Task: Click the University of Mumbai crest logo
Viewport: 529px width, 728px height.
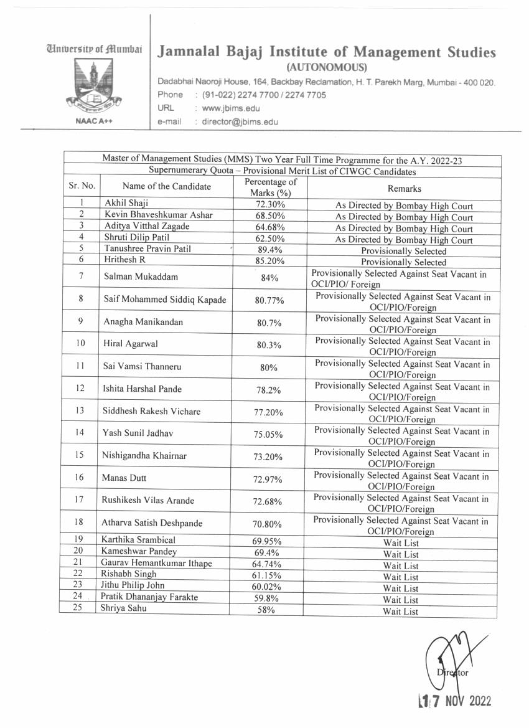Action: pyautogui.click(x=94, y=84)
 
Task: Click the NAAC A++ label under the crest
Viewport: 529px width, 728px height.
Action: pyautogui.click(x=94, y=122)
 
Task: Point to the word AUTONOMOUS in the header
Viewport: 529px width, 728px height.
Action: pyautogui.click(x=327, y=67)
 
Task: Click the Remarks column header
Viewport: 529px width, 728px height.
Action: pyautogui.click(x=404, y=189)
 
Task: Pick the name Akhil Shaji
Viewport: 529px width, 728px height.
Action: pyautogui.click(x=126, y=204)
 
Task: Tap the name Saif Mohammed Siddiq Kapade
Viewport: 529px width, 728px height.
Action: pyautogui.click(x=164, y=300)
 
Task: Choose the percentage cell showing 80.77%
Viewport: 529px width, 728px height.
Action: pyautogui.click(x=269, y=300)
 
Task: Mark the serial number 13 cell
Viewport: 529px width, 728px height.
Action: pyautogui.click(x=81, y=410)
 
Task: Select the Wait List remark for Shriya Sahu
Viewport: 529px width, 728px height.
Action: pyautogui.click(x=401, y=611)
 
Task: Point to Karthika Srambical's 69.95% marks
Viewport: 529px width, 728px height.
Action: pyautogui.click(x=269, y=542)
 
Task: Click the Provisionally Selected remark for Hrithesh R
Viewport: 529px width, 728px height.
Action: pyautogui.click(x=403, y=262)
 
